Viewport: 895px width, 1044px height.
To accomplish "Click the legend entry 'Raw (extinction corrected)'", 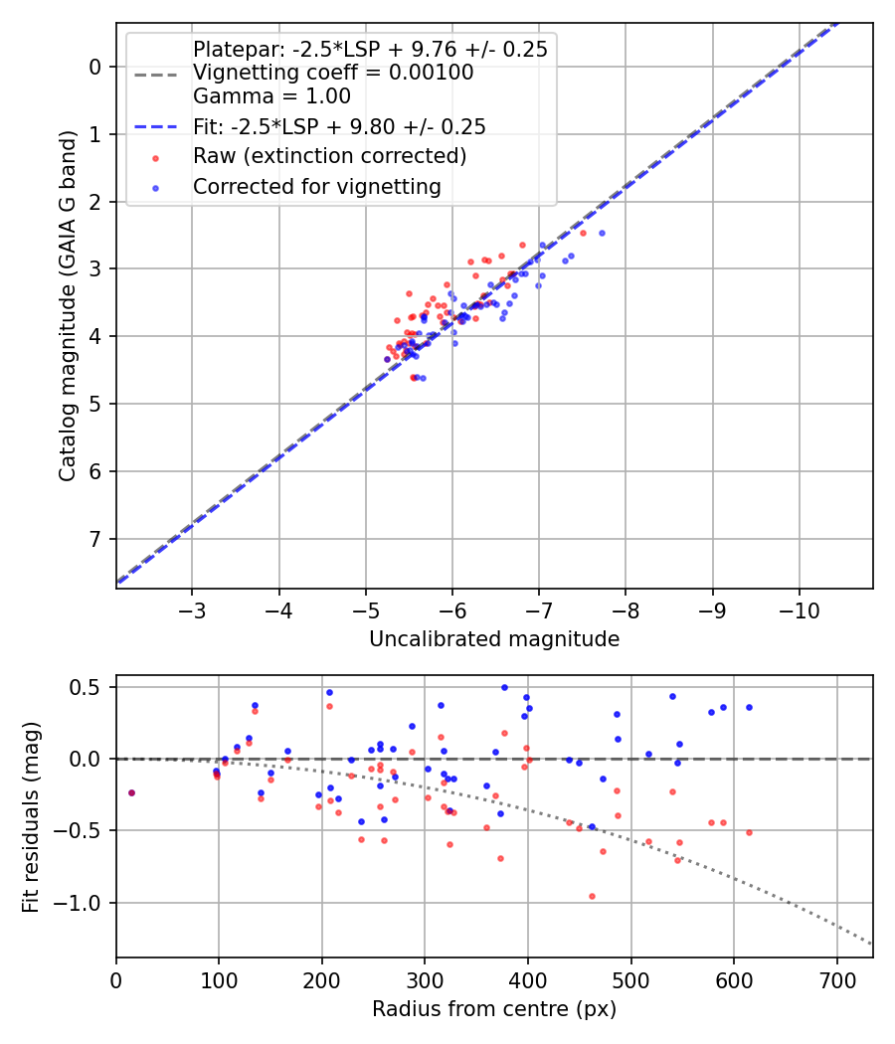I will (329, 156).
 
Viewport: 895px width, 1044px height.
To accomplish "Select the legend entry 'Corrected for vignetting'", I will (316, 186).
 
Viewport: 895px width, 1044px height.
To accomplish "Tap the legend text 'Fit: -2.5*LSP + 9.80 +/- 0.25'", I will (339, 126).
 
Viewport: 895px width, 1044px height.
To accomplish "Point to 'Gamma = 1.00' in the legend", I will (271, 96).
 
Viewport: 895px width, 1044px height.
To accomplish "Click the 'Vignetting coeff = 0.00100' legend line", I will (333, 73).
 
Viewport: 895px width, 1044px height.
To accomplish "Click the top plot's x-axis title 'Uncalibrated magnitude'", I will (494, 639).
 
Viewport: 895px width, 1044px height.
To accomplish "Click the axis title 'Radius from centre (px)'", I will (494, 1009).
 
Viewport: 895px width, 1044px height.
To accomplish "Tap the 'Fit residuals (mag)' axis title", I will (32, 817).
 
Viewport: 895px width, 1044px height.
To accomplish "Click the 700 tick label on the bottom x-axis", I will (836, 979).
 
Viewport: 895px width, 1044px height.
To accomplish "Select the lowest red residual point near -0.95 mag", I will (592, 896).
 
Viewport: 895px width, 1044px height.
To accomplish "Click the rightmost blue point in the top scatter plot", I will (602, 233).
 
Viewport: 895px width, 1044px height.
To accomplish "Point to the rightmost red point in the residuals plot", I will (749, 832).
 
